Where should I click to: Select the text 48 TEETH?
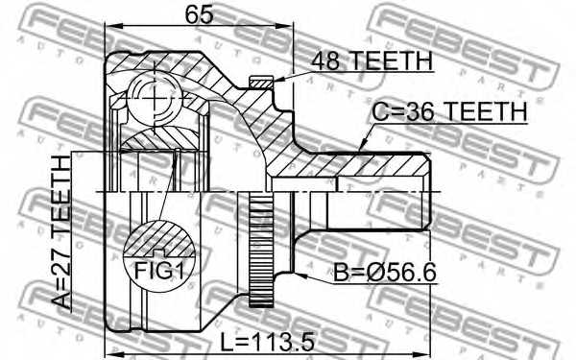click(371, 60)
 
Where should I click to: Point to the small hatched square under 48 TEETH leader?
click(257, 84)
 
